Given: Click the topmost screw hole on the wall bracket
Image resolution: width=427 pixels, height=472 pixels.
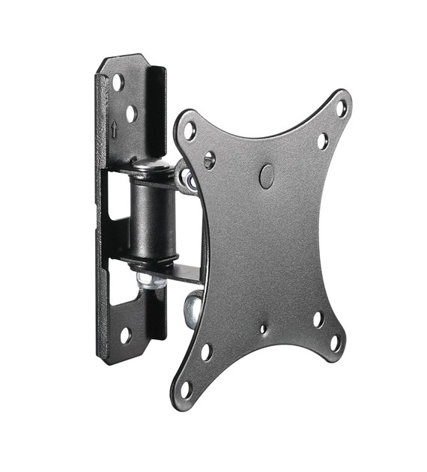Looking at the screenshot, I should click(x=118, y=82).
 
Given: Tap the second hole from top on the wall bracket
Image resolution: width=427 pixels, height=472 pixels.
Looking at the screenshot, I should click(x=132, y=114).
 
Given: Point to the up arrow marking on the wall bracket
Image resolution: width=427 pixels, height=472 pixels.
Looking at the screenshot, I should click(x=114, y=128).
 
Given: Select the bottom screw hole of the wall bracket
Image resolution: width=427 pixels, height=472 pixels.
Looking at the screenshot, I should click(x=125, y=335).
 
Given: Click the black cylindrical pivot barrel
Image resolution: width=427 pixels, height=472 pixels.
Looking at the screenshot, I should click(x=154, y=218).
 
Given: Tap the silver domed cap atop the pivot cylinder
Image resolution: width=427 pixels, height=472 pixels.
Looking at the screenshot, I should click(x=152, y=166).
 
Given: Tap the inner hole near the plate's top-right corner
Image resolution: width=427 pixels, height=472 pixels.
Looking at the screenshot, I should click(x=322, y=140).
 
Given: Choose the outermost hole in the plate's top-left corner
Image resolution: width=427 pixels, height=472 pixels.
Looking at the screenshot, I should click(x=190, y=130).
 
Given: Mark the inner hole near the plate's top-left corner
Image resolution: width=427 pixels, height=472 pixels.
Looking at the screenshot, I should click(x=210, y=159).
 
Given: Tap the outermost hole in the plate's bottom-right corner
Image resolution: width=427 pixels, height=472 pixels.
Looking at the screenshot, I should click(x=336, y=343).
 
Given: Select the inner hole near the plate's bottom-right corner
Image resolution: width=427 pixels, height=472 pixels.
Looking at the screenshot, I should click(x=318, y=319).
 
